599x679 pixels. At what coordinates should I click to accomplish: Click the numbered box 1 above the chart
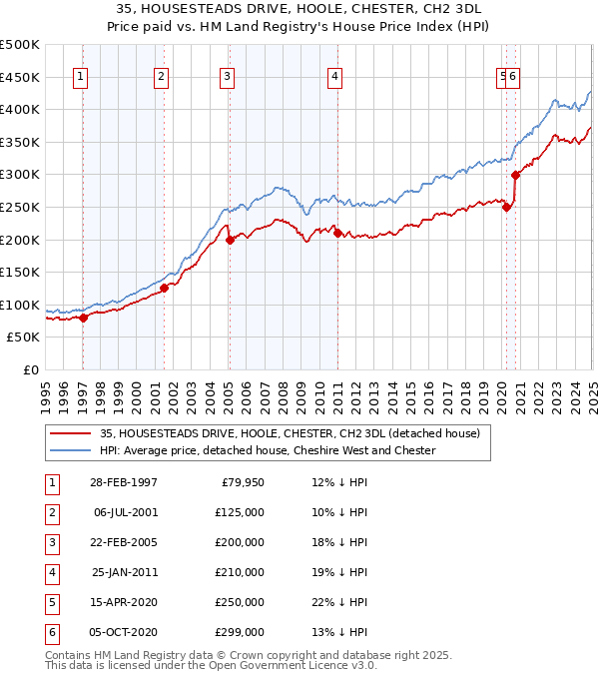80,76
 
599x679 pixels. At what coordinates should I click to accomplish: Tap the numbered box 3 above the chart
228,76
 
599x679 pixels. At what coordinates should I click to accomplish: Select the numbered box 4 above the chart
335,76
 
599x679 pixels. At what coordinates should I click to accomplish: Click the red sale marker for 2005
230,240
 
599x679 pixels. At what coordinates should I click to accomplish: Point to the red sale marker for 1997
84,318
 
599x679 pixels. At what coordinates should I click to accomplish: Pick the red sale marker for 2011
337,233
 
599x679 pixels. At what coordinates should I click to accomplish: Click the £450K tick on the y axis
20,77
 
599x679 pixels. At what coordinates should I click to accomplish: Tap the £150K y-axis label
20,272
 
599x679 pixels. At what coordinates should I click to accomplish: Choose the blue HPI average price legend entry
268,450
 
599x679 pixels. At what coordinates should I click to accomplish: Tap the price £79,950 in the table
242,482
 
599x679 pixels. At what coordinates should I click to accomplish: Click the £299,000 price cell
241,632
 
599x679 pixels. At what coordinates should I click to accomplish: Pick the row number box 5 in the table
51,602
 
